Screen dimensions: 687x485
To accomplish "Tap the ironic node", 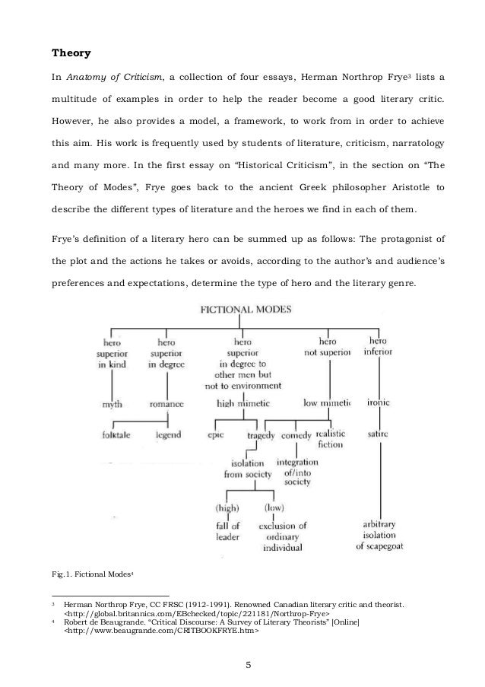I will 378,403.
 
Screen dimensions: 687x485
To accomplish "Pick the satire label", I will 378,434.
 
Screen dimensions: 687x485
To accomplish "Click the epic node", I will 215,435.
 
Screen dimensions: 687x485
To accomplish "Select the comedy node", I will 296,435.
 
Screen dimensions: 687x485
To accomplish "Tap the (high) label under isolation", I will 227,507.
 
